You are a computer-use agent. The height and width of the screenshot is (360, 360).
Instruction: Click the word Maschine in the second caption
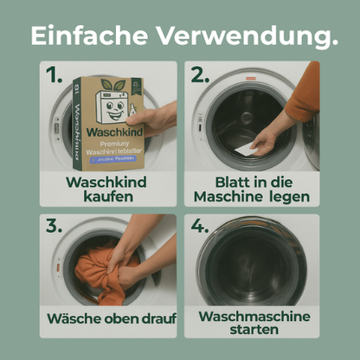[228, 196]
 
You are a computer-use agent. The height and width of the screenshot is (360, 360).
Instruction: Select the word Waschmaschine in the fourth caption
[253, 316]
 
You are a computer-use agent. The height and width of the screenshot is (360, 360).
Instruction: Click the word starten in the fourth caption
[253, 330]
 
